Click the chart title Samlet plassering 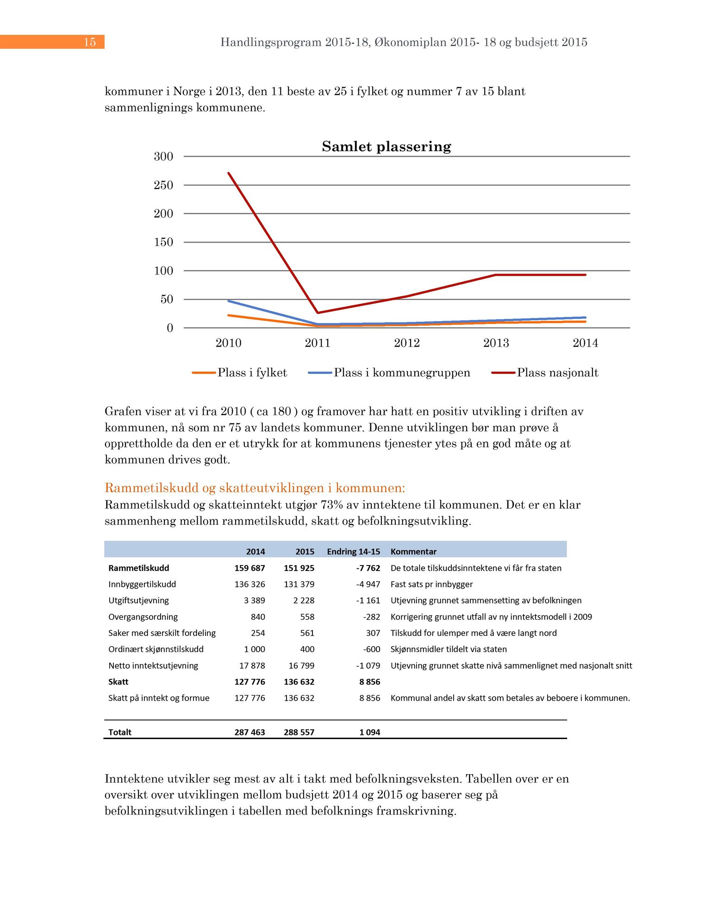386,147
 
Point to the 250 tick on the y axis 163,185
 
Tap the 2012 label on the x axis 406,343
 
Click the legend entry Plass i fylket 252,373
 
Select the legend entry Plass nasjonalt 557,373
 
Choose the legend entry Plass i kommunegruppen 401,373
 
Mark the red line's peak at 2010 229,174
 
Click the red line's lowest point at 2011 318,313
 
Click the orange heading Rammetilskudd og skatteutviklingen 255,488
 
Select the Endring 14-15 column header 353,552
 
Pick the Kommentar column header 413,552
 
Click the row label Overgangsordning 143,617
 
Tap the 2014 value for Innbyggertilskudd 249,584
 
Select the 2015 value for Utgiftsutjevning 304,601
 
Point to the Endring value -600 371,649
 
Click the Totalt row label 120,732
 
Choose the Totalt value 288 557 299,732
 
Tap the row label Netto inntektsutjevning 153,665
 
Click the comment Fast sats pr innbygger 431,584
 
